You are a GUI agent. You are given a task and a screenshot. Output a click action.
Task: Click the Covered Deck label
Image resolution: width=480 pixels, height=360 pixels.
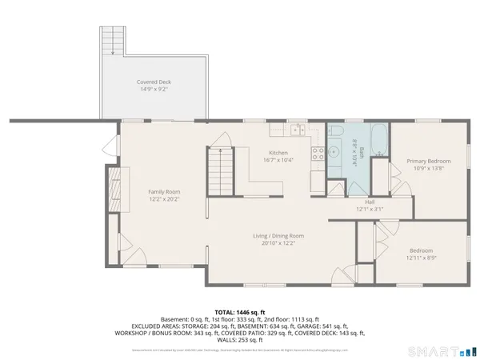tap(153, 82)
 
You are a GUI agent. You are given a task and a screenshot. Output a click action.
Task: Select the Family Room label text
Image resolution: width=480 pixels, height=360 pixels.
tap(162, 191)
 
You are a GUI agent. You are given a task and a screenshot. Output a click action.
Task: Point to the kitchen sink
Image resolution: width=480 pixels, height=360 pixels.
tap(296, 131)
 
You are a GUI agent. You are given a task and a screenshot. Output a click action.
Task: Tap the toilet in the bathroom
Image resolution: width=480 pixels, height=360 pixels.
tap(337, 134)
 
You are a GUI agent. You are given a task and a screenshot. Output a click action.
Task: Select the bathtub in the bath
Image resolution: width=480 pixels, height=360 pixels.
tap(378, 141)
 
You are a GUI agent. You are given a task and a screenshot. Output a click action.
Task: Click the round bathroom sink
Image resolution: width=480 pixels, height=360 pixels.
tap(334, 155)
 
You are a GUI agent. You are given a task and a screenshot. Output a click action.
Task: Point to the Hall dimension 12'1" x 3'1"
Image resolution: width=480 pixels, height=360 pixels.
tap(370, 210)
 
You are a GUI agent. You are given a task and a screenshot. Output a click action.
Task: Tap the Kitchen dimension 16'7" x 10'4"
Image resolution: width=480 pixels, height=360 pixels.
tap(278, 160)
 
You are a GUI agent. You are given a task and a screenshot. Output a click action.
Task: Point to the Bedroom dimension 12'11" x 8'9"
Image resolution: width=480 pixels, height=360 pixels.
tap(421, 258)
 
